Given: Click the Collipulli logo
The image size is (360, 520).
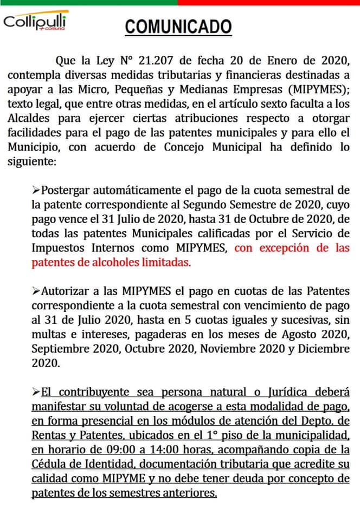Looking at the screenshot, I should point(36,22).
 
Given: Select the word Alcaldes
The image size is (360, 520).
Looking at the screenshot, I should point(30,118).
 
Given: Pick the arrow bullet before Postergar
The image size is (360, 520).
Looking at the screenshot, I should point(36,190).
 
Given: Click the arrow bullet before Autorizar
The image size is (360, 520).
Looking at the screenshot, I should point(36,291).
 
